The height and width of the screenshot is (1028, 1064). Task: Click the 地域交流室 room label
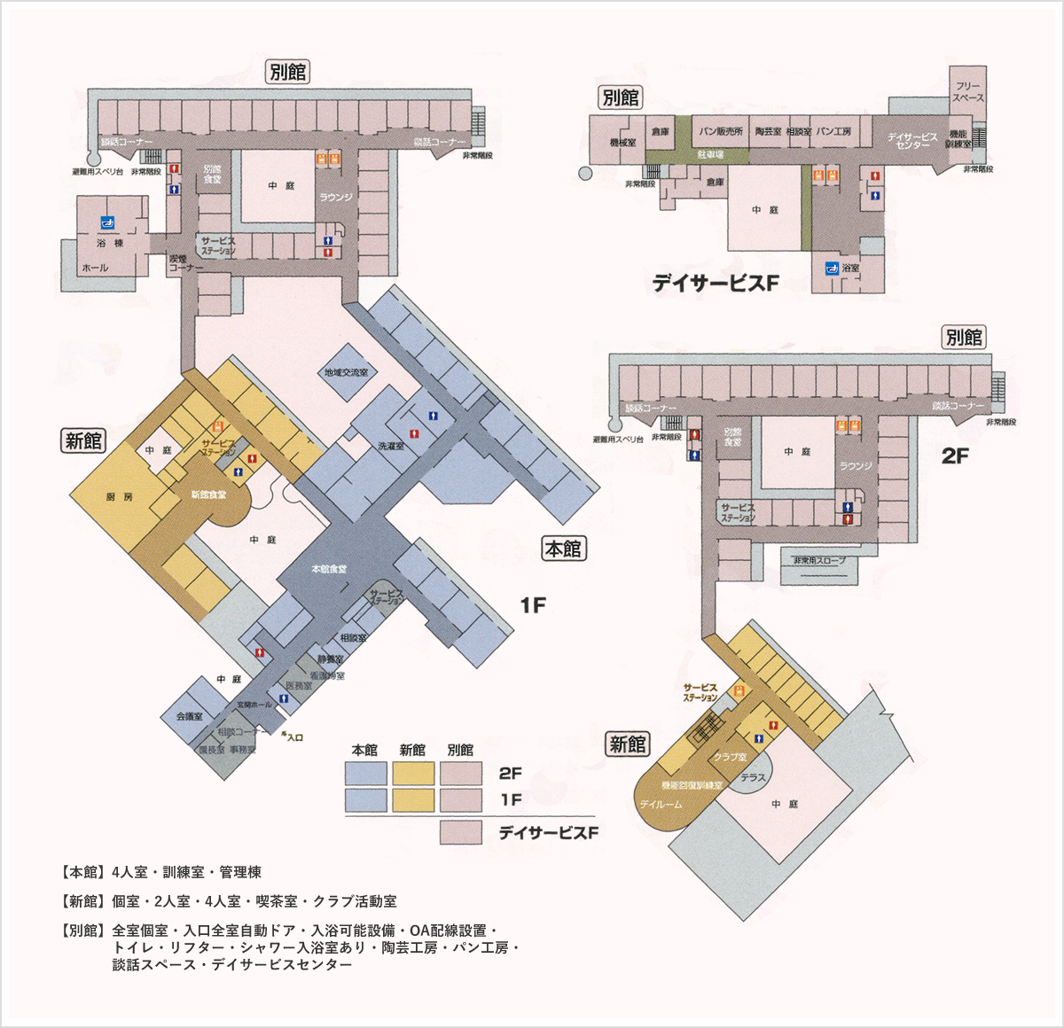[x=346, y=373]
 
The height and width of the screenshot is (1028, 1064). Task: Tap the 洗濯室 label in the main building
[x=391, y=447]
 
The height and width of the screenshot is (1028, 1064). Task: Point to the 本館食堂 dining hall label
[x=329, y=569]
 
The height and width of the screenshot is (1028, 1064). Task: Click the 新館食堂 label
[x=208, y=495]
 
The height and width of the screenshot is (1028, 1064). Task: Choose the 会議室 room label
[x=189, y=716]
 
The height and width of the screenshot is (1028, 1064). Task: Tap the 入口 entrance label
[x=293, y=737]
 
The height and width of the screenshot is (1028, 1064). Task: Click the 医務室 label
[x=299, y=686]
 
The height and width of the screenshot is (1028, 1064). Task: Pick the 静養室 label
[x=330, y=659]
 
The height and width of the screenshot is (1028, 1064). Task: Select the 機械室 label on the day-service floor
[x=622, y=143]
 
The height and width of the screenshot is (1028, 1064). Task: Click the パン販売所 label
[x=720, y=132]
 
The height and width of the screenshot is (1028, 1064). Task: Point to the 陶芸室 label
[x=768, y=132]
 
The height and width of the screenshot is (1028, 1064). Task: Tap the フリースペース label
[x=968, y=92]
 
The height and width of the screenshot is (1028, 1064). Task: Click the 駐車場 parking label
[x=710, y=155]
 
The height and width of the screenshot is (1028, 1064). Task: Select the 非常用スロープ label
[x=819, y=561]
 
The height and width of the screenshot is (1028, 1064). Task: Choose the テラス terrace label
[x=753, y=777]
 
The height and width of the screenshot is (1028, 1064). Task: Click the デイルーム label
[x=661, y=805]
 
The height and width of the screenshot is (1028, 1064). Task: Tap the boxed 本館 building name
[x=563, y=549]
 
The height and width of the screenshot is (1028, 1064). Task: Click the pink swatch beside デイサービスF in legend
[x=461, y=833]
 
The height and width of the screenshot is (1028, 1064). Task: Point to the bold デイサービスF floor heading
[x=715, y=284]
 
